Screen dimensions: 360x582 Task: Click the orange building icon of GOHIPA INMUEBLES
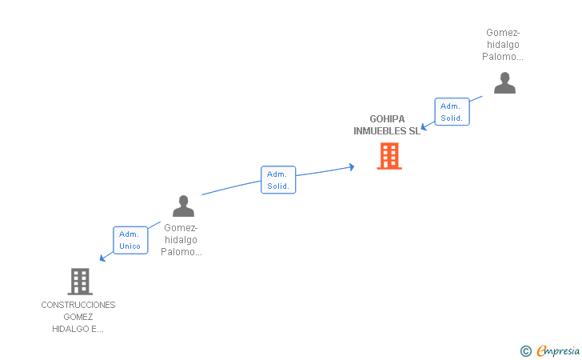click(x=389, y=156)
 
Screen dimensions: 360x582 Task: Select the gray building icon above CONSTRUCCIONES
click(x=79, y=282)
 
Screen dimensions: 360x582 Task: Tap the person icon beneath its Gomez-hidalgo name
click(x=504, y=83)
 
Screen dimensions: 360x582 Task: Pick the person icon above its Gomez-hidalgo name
click(x=183, y=206)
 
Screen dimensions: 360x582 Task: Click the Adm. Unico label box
click(x=130, y=240)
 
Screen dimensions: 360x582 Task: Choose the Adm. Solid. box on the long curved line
click(x=278, y=180)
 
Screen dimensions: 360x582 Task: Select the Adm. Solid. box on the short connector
click(x=452, y=112)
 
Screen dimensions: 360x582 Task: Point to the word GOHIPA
click(x=387, y=119)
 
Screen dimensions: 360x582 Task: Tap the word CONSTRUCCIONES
click(x=78, y=305)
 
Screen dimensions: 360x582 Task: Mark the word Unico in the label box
click(x=130, y=246)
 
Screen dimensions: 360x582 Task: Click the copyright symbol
click(x=525, y=350)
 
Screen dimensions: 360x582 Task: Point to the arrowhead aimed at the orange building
click(x=351, y=166)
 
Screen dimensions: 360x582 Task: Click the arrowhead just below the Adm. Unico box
click(x=102, y=258)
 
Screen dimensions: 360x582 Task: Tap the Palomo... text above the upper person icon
click(x=503, y=57)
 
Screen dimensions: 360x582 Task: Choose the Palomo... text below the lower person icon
click(x=181, y=252)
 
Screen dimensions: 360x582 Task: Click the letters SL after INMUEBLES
click(x=413, y=131)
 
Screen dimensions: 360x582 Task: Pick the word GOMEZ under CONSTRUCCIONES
click(x=78, y=317)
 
